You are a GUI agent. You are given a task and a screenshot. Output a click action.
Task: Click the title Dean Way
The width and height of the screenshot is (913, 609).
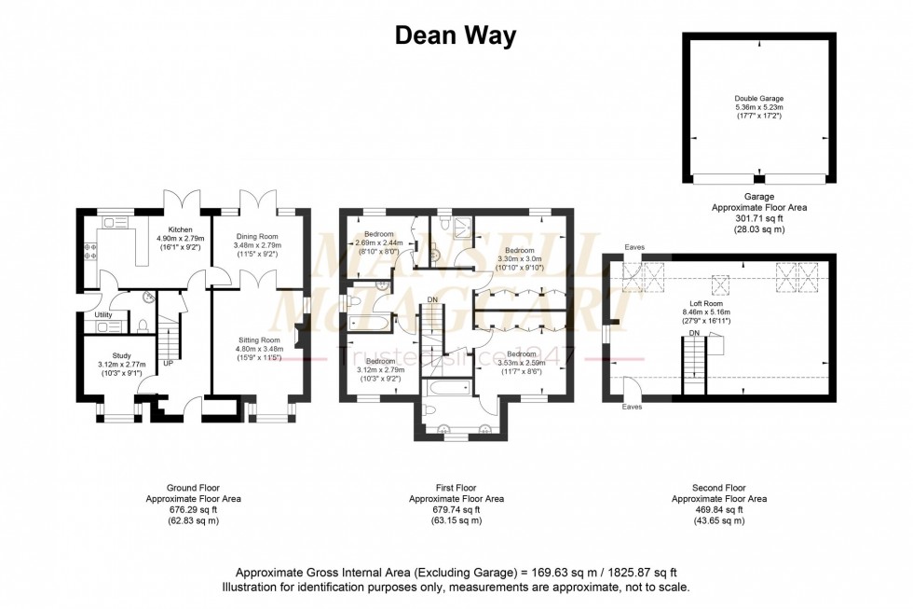455,35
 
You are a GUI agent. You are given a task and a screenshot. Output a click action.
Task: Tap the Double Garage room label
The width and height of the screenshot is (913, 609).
758,97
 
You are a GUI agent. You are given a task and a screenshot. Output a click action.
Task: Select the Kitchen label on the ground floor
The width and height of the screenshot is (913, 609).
180,229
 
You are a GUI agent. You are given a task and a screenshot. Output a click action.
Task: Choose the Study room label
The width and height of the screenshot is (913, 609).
121,354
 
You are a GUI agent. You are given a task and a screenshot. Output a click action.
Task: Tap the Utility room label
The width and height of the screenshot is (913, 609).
102,316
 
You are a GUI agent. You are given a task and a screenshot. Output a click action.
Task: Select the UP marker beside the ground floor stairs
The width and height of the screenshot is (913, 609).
168,363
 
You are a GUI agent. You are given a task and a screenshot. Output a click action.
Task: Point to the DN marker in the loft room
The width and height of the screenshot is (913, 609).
694,333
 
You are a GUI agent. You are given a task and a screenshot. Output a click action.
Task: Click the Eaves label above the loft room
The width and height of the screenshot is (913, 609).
636,247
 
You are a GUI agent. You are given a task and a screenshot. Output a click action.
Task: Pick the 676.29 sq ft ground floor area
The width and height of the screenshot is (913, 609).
193,510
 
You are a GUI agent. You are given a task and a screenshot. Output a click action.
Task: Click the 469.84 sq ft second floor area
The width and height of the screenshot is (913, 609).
718,510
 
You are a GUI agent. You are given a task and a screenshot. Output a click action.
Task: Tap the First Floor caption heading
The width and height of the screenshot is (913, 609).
456,488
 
